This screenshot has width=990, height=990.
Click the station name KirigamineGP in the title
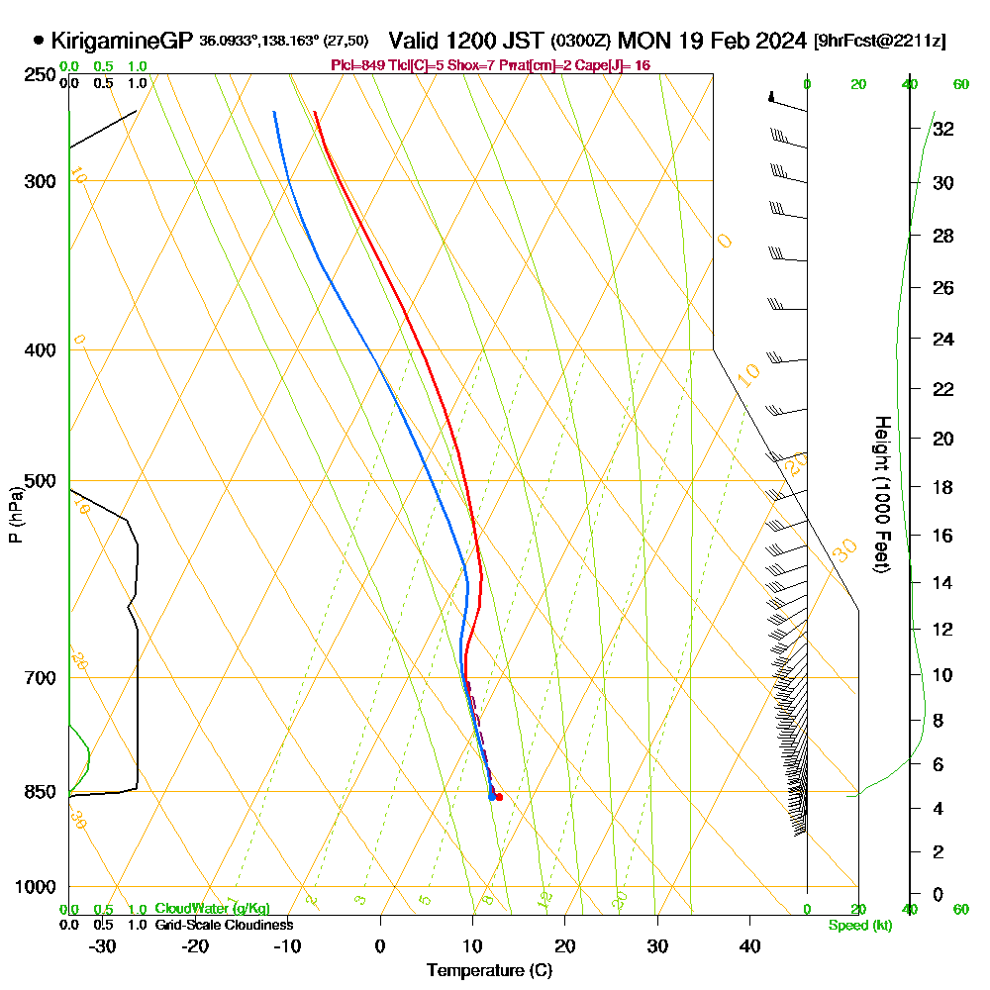pos(121,41)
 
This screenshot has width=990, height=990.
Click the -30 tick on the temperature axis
pos(103,946)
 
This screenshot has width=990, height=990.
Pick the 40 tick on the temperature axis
pos(749,946)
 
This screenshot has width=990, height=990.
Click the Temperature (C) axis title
pos(489,971)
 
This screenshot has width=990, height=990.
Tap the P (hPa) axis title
pos(15,515)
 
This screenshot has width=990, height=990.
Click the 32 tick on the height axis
pos(942,128)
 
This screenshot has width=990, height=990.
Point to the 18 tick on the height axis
pos(942,487)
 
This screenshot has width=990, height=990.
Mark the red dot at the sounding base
pos(498,797)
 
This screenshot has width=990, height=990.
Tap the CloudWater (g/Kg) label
pos(212,909)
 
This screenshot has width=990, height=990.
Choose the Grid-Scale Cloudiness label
pos(223,925)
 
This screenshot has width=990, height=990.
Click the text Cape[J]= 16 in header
pos(613,65)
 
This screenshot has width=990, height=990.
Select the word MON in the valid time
pos(640,41)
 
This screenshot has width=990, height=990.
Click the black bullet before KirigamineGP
pos(39,41)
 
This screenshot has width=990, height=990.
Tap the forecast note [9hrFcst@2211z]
pos(879,42)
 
